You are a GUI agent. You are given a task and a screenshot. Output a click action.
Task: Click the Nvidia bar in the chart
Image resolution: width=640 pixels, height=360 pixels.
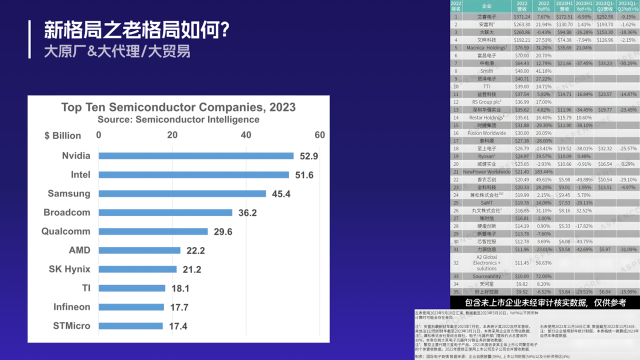[x=196, y=156]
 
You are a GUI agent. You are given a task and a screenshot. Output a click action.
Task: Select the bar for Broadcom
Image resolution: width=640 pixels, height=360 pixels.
[x=165, y=212]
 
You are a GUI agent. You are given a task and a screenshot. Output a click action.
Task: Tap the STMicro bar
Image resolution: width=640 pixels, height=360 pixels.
[x=130, y=326]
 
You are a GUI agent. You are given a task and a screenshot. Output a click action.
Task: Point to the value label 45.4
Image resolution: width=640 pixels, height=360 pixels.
[x=281, y=194]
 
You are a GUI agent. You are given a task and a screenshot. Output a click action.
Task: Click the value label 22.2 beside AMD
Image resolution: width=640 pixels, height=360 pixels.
[x=195, y=250]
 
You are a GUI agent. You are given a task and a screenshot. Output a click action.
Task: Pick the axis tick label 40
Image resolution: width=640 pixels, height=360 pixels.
[x=246, y=135]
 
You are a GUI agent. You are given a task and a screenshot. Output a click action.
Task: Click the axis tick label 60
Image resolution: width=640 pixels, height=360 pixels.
[x=319, y=135]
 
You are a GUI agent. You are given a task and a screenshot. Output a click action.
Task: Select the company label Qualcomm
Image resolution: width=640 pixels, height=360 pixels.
[x=66, y=231]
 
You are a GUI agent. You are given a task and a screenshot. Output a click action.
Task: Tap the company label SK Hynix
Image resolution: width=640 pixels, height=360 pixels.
[x=69, y=269]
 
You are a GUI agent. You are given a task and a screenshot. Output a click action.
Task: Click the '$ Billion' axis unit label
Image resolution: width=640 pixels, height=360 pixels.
[x=62, y=135]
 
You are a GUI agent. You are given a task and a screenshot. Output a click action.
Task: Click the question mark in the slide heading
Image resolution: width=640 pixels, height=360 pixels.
[x=224, y=30]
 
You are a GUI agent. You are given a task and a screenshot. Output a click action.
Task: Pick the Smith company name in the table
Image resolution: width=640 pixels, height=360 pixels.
[x=486, y=71]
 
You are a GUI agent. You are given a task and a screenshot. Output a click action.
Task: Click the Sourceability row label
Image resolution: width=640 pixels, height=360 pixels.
[x=486, y=276]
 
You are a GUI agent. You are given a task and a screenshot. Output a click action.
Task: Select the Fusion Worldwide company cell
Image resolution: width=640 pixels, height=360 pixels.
[x=486, y=133]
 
